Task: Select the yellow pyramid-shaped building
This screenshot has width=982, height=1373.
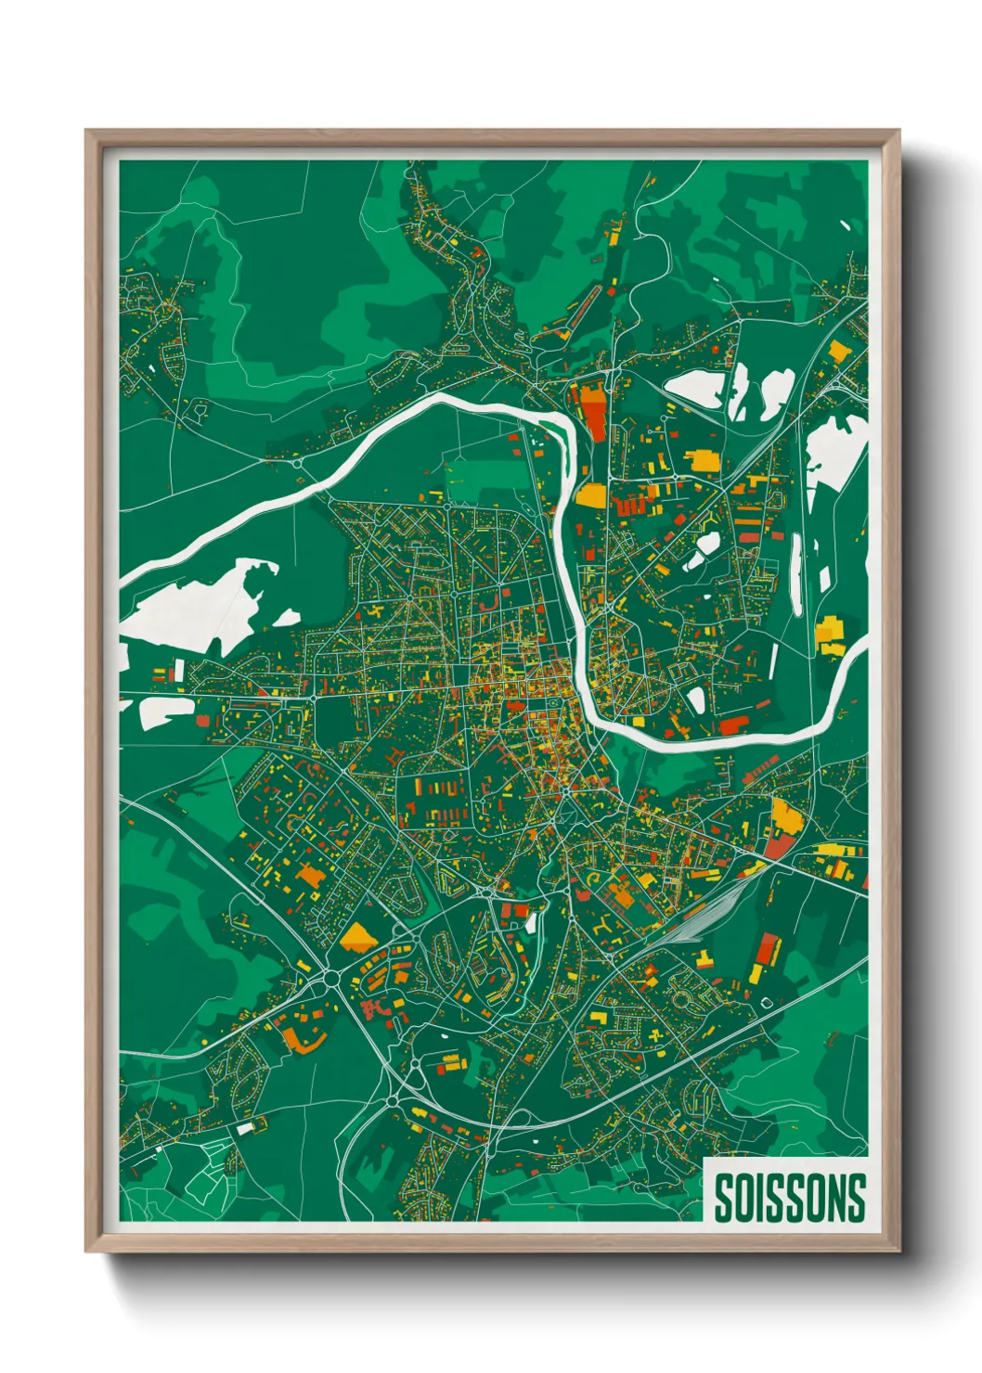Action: click(x=356, y=938)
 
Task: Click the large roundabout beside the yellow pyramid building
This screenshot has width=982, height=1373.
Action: click(x=329, y=977)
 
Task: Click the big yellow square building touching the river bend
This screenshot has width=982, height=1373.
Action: click(x=590, y=494)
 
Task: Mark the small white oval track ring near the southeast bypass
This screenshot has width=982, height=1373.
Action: click(x=767, y=1002)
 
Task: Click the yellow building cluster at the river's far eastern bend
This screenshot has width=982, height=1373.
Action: click(x=829, y=635)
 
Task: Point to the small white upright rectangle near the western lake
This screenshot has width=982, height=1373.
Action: click(x=178, y=670)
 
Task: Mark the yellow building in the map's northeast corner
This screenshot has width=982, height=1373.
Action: click(x=838, y=351)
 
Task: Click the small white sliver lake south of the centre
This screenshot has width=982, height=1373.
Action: click(x=532, y=923)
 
